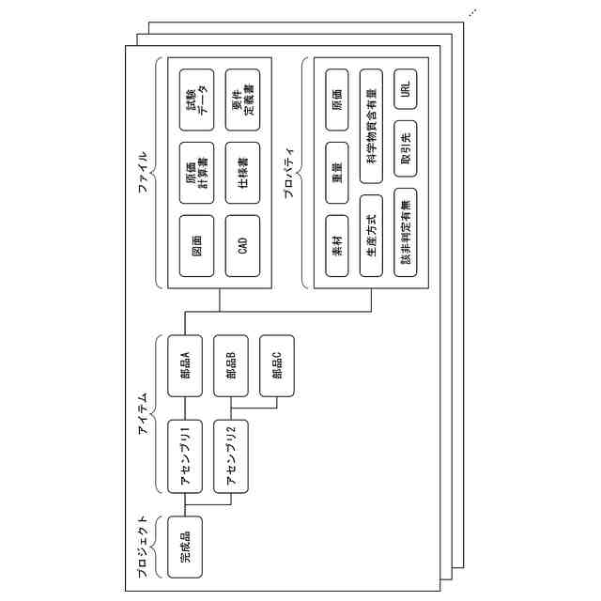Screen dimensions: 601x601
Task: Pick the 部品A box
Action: click(x=184, y=365)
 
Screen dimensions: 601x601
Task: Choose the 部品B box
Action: click(x=230, y=365)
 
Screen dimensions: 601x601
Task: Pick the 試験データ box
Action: click(x=196, y=98)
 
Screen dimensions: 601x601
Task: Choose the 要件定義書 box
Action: click(x=242, y=98)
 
